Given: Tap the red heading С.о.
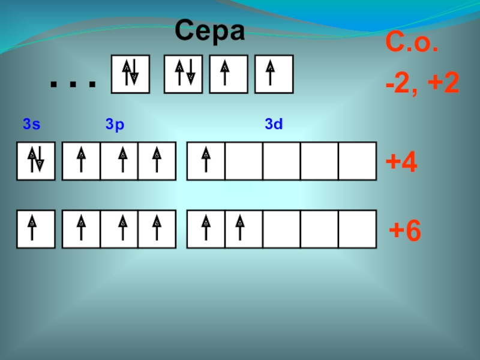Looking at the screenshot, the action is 411,44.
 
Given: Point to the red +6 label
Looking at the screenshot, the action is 405,230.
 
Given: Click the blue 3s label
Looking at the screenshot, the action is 31,125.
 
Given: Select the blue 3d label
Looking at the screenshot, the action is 274,125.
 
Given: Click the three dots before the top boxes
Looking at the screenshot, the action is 73,83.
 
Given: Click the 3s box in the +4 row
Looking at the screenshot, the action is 35,161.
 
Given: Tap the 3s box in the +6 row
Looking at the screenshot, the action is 35,229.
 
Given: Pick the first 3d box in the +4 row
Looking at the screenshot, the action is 206,161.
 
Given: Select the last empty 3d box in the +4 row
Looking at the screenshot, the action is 358,161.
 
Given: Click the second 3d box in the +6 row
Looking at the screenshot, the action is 244,229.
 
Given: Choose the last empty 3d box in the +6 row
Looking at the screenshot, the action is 358,229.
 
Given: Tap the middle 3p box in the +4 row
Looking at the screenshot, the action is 119,161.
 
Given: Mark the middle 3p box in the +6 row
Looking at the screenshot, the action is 119,229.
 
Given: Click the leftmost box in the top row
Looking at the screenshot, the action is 130,74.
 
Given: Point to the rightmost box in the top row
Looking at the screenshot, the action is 274,74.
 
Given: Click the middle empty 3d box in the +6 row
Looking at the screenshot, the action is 320,229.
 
